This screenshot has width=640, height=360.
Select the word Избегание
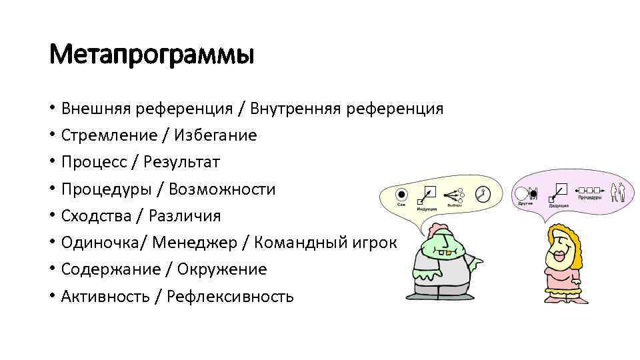click(215, 135)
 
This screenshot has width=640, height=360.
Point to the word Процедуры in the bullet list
click(106, 189)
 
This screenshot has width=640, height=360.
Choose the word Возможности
click(222, 189)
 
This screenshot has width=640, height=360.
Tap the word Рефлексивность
click(230, 297)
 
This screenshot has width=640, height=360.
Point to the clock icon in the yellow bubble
click(483, 194)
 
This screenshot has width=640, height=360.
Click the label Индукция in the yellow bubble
click(427, 209)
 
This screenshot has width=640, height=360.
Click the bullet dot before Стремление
click(51, 136)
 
